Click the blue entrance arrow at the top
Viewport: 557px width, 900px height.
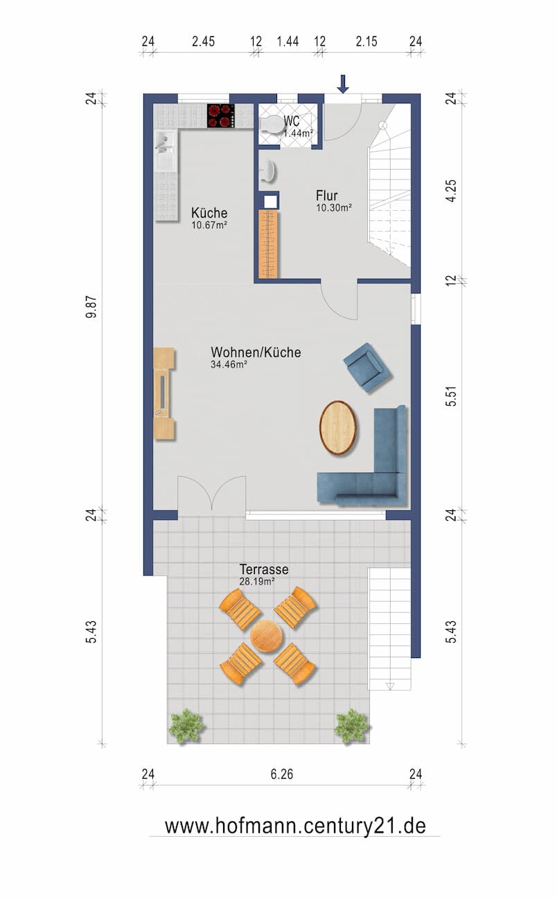point(342,84)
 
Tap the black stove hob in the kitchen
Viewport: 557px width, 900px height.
point(220,116)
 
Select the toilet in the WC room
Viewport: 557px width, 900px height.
point(272,125)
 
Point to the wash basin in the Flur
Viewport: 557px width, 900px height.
point(268,171)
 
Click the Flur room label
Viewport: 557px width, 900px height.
point(326,196)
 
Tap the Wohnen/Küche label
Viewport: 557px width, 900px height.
point(256,352)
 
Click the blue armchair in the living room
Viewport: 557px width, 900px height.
point(368,367)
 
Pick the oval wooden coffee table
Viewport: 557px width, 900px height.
point(338,428)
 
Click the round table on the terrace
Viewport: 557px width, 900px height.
point(266,636)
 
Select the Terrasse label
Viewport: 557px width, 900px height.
point(264,569)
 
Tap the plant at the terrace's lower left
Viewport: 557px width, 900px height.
point(186,726)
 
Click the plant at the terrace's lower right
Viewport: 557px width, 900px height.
point(352,726)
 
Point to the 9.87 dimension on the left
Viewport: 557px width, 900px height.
point(91,307)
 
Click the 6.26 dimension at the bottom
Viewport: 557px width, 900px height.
point(282,774)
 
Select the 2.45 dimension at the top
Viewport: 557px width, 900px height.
point(203,42)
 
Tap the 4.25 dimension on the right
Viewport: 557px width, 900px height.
point(452,191)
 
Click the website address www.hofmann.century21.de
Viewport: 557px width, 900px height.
point(295,827)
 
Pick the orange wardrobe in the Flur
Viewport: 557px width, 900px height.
point(268,243)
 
